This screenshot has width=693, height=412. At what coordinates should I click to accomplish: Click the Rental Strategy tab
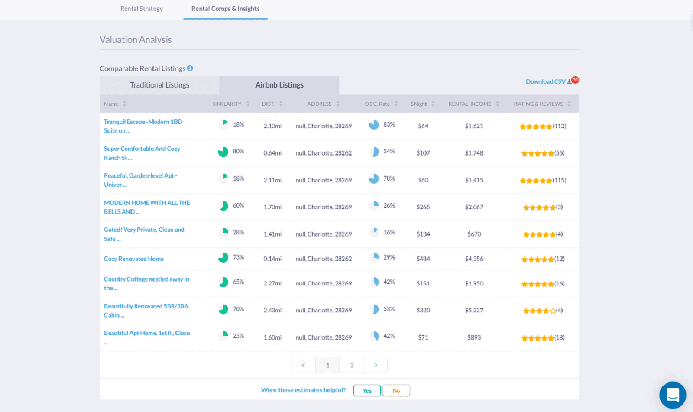click(142, 9)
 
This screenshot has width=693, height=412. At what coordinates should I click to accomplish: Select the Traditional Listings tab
click(159, 85)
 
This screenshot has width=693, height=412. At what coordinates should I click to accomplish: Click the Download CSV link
click(545, 81)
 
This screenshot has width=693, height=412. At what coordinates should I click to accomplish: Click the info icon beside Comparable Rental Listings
click(190, 68)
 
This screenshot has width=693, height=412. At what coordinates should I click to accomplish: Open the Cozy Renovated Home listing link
click(134, 259)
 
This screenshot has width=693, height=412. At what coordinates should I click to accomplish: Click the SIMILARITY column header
click(227, 104)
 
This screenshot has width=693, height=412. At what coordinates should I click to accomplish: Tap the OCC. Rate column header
click(377, 104)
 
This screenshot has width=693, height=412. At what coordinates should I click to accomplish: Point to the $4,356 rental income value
click(474, 259)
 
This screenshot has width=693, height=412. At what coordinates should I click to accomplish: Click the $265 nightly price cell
click(423, 207)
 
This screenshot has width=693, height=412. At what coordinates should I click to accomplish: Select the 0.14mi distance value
click(272, 259)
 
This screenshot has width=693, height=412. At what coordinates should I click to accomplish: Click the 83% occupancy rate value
click(389, 125)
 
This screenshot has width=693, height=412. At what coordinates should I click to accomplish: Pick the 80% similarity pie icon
click(223, 152)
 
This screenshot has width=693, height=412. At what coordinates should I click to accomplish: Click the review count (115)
click(559, 180)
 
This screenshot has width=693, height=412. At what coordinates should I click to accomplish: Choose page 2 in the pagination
click(352, 365)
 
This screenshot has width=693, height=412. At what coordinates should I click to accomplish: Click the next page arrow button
click(376, 365)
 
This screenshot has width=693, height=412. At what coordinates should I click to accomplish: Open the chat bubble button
click(672, 395)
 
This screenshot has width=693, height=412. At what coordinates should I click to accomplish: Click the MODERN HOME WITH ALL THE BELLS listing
click(147, 207)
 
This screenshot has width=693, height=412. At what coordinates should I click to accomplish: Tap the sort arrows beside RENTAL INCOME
click(498, 104)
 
